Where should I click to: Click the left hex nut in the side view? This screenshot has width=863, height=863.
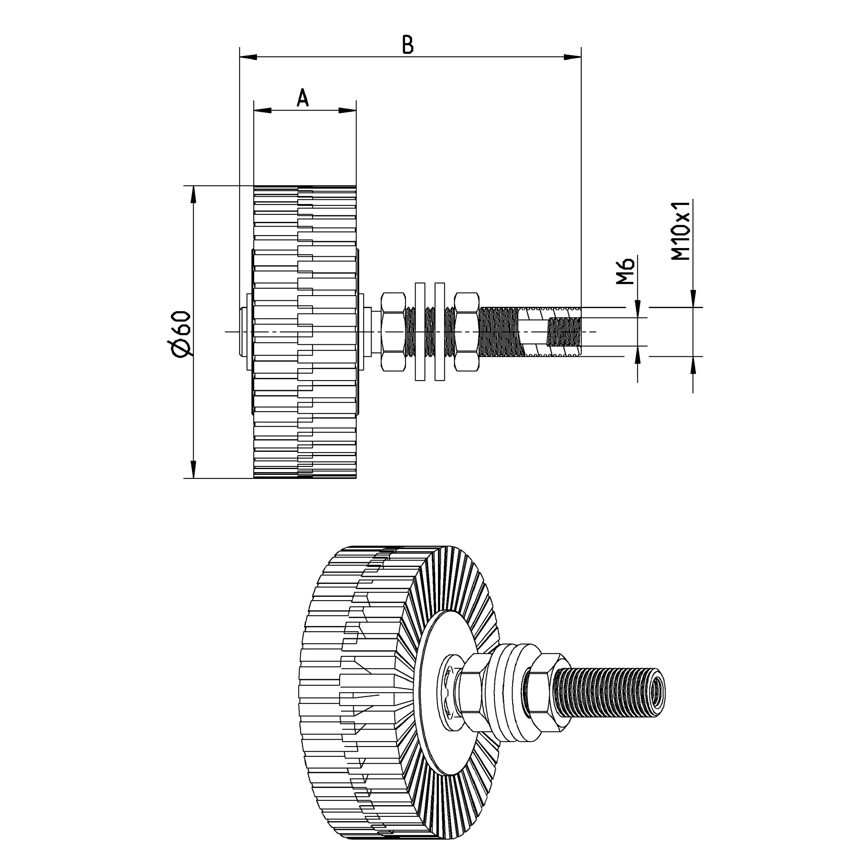point(393,332)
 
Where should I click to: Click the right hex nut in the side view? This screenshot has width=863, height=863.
point(466,332)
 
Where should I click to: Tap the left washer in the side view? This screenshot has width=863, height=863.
point(420,331)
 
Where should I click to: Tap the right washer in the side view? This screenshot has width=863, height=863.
point(440,331)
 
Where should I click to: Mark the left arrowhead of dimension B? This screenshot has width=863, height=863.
point(249,57)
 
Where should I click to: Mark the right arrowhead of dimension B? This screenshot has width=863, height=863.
point(572,57)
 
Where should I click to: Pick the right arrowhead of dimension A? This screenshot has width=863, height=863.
point(347,110)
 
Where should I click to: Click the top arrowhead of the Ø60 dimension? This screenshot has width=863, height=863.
point(193,194)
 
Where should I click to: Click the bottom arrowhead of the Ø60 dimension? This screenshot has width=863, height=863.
point(193,469)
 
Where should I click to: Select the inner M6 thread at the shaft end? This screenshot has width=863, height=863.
point(564,332)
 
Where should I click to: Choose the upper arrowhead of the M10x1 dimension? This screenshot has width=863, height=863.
point(693,299)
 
